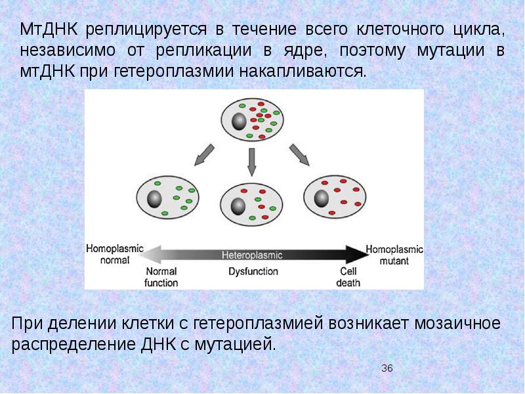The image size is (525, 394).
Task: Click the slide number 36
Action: pos(387,368)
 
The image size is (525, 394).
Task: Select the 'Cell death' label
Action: pos(347,276)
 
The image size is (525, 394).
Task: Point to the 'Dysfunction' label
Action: pos(253,271)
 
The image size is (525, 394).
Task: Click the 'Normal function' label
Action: pos(161,276)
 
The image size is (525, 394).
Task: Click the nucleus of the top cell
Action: pos(238,121)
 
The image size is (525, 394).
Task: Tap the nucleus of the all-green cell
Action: pos(155,200)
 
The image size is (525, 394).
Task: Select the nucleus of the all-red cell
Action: pos(322,198)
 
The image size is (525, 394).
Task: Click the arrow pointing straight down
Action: pos(251,161)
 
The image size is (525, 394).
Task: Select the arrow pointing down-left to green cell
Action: pos(201,155)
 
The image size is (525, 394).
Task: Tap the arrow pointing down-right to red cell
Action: pos(300,154)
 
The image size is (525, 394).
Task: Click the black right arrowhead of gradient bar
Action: pos(357,252)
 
